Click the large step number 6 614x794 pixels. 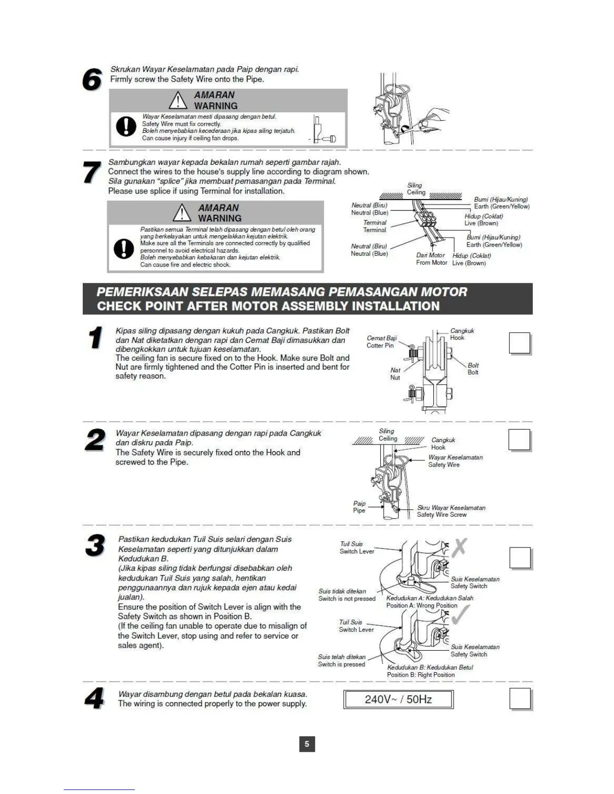point(92,80)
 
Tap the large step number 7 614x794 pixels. point(92,173)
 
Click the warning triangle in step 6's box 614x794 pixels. point(178,101)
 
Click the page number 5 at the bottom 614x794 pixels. point(307,744)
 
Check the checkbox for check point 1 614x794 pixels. point(520,343)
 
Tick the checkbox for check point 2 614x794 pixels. point(520,440)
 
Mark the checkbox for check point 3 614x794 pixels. point(520,558)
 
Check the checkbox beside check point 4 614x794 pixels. point(520,699)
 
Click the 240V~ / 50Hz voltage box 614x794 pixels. point(398,699)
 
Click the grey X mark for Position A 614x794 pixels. point(459,547)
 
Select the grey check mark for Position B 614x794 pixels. point(460,615)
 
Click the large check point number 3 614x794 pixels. point(95,546)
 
